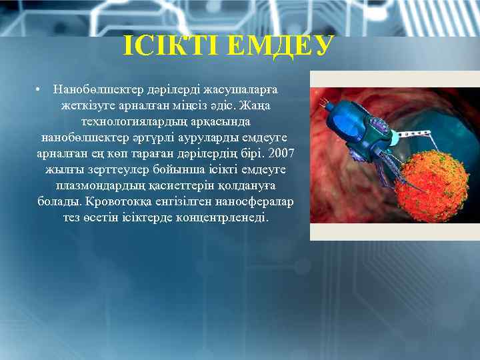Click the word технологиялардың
pos(132,121)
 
